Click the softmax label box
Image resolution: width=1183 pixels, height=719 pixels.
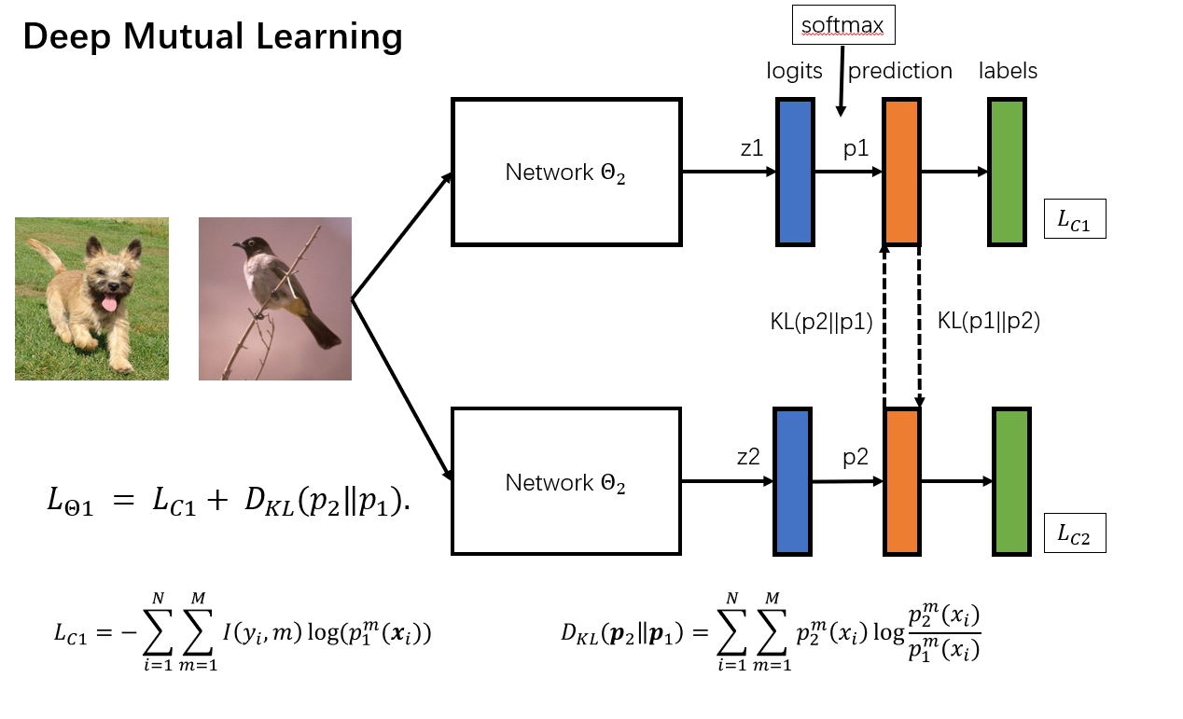pos(843,25)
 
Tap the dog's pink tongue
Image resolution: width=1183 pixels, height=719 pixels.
pos(110,305)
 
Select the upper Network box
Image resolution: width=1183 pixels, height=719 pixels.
pos(566,173)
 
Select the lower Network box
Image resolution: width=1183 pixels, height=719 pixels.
pos(566,482)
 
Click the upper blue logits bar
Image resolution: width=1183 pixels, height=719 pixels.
pos(795,173)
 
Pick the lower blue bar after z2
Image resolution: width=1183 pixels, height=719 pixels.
pos(792,481)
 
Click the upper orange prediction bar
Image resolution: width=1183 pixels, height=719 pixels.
pos(901,173)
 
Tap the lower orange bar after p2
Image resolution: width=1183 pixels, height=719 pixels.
pos(901,481)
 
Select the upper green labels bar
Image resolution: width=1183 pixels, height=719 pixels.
pos(1007,173)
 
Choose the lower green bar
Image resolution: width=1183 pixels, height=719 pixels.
pos(1011,481)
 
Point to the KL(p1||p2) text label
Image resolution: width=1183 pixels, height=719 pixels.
pos(988,322)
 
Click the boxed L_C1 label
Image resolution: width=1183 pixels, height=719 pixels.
pos(1075,220)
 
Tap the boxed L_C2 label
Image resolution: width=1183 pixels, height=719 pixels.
pos(1075,534)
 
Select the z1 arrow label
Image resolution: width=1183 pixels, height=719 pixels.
pos(751,147)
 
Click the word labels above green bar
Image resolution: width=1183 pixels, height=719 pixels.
pos(1008,71)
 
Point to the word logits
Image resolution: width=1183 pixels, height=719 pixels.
pos(795,71)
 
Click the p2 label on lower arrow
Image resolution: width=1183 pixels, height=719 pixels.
pos(856,457)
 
